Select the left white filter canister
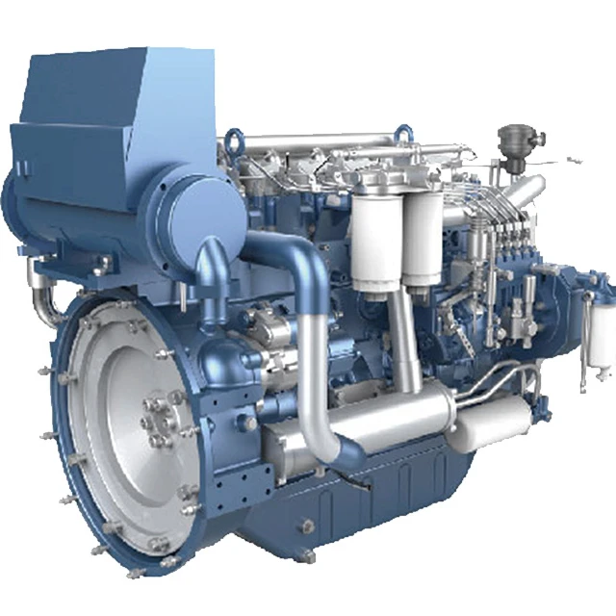375,236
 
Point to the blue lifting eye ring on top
234,143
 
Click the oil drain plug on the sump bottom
306,526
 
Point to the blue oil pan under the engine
385,491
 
